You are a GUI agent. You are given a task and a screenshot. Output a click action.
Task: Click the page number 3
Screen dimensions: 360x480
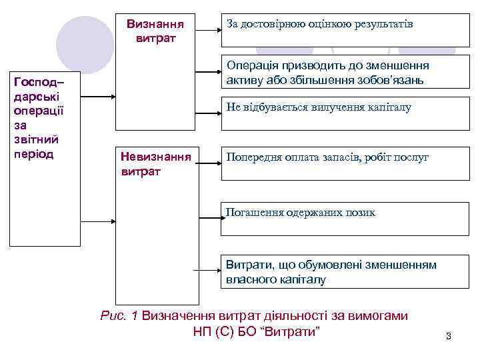point(448,336)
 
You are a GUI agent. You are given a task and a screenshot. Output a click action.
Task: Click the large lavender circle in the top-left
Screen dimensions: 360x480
point(83,44)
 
